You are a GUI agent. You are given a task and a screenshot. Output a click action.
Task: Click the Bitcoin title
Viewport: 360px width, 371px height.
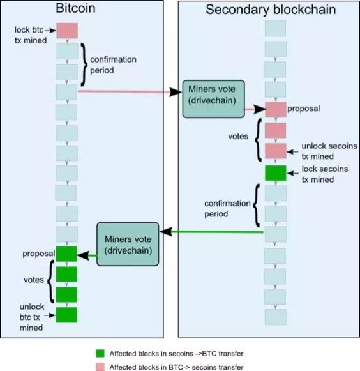pos(76,8)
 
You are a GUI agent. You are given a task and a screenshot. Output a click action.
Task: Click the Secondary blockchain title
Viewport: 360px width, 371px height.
pos(271,10)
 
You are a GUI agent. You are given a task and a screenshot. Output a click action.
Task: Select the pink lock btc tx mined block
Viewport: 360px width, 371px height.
pos(67,31)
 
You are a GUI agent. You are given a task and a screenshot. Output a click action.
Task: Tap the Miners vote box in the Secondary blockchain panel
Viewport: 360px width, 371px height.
pos(213,99)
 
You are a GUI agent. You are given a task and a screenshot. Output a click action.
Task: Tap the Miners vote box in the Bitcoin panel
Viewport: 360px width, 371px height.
pos(128,244)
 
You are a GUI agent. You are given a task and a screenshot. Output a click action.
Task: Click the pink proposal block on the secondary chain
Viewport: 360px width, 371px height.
pos(276,110)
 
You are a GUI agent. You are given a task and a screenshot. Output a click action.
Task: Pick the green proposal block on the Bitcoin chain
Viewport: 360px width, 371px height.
pos(66,254)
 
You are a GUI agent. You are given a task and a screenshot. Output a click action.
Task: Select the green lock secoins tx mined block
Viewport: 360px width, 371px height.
pos(276,173)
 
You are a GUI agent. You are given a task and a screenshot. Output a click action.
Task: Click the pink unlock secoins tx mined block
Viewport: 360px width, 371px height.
pos(276,151)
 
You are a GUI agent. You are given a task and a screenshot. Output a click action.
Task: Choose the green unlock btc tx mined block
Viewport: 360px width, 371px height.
pos(66,315)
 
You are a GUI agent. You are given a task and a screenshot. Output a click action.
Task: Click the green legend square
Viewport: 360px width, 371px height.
pos(100,353)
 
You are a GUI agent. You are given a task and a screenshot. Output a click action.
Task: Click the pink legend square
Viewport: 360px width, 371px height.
pos(100,367)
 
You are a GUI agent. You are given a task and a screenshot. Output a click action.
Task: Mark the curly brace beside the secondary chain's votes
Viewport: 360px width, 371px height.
pos(259,140)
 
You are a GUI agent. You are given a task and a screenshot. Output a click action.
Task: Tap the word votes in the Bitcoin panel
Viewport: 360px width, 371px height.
pos(34,280)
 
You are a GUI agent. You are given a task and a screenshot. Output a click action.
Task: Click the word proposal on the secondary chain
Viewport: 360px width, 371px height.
pos(303,109)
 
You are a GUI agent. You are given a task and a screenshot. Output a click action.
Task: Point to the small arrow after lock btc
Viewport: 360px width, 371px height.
pos(50,31)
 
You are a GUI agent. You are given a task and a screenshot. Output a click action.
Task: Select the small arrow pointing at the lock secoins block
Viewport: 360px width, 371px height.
pos(292,173)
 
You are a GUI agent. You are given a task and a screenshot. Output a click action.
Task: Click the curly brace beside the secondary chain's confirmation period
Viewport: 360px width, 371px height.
pos(257,206)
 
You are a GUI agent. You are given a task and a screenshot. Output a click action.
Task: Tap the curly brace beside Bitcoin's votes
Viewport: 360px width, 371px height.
pos(50,282)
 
